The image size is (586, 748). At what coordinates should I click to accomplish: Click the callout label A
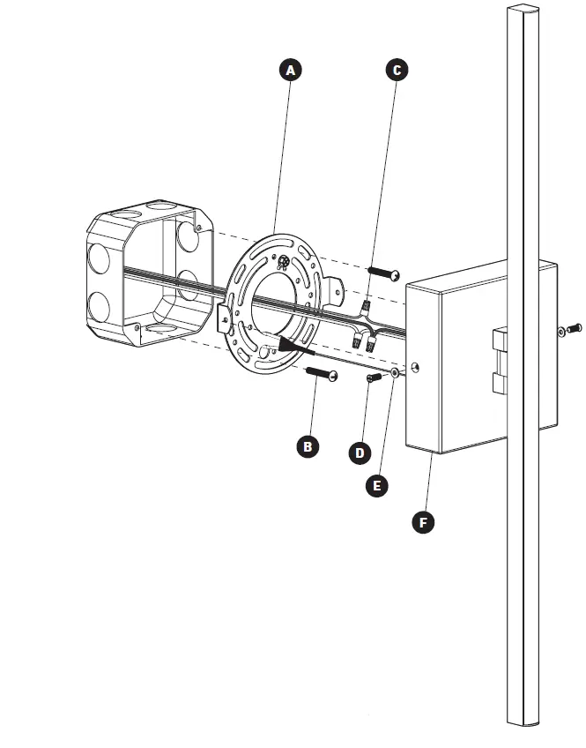(x=290, y=70)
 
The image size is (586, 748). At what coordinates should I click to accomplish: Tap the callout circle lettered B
(x=307, y=446)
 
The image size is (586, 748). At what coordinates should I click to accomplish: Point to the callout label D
(x=359, y=453)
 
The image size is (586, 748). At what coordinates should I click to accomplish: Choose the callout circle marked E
(x=376, y=484)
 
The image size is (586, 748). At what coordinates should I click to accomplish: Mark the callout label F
(x=423, y=522)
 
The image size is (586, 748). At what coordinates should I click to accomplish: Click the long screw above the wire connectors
(x=382, y=273)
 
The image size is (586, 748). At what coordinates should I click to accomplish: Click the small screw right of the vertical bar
(x=571, y=329)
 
